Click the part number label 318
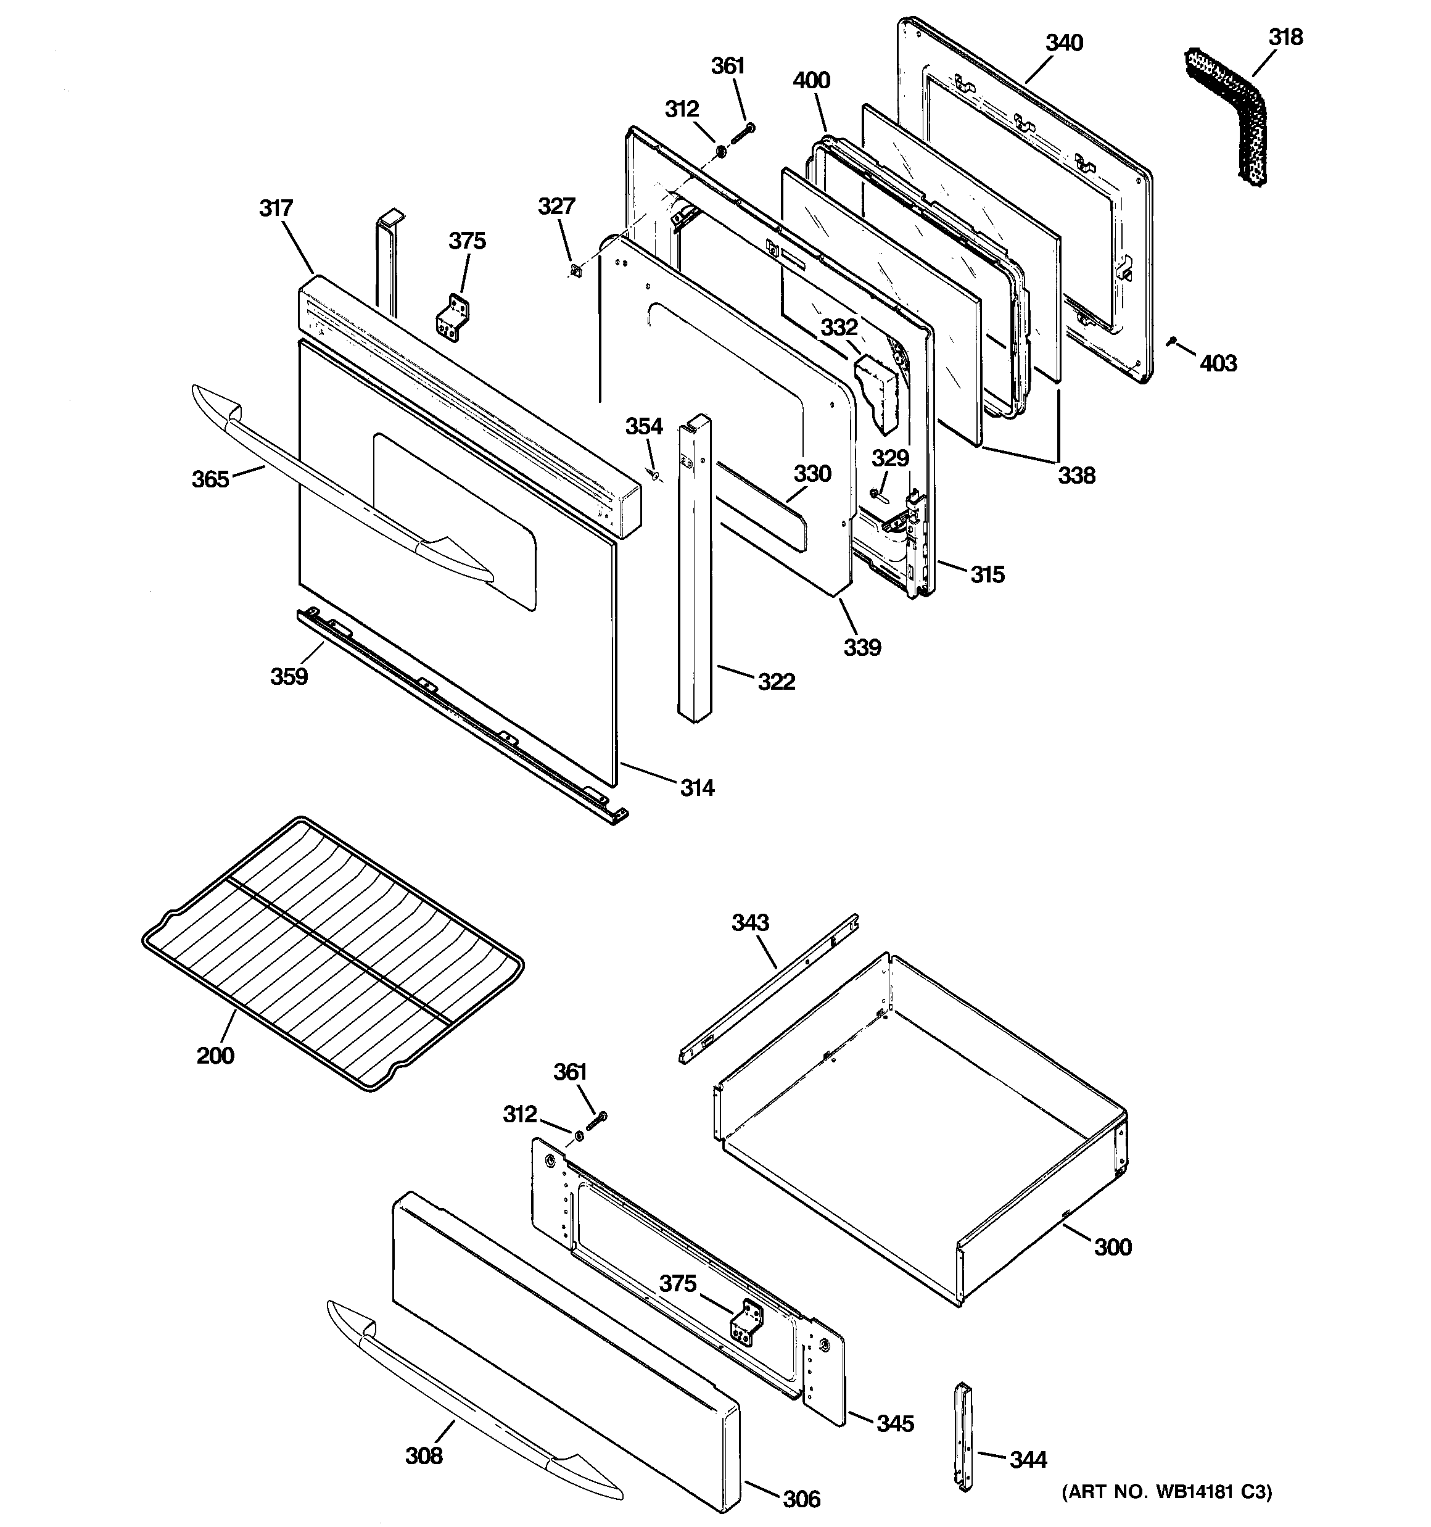(1285, 37)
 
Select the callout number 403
(1218, 363)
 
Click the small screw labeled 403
(1171, 341)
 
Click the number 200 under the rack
(215, 1056)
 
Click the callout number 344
(1028, 1459)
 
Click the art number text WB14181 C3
(1168, 1492)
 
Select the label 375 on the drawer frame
(677, 1283)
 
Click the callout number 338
(1076, 476)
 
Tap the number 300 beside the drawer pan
(1112, 1247)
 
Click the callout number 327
(556, 206)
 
